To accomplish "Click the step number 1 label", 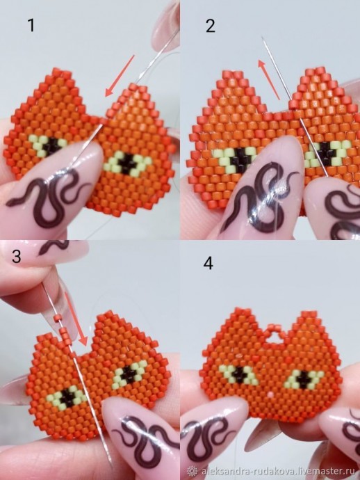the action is [x=31, y=26].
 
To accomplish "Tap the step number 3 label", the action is [x=17, y=256].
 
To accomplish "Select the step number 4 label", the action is [x=208, y=263].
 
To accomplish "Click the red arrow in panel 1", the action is [x=120, y=75].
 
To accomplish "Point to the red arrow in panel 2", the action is [x=269, y=79].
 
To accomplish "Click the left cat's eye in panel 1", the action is [x=49, y=144].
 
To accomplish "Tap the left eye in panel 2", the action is [x=234, y=156].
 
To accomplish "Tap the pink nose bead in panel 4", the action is [x=270, y=393].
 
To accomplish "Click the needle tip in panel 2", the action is [x=262, y=38].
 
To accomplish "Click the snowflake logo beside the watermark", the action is [x=193, y=471].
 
